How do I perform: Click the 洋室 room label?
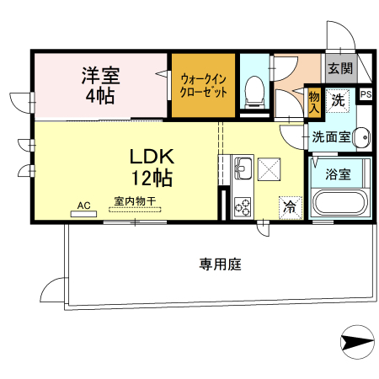pyautogui.click(x=101, y=73)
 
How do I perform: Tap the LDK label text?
pyautogui.click(x=152, y=157)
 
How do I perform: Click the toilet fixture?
pyautogui.click(x=254, y=91)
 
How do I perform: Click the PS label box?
pyautogui.click(x=366, y=94)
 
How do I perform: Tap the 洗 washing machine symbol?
pyautogui.click(x=337, y=100)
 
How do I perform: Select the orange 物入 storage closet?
pyautogui.click(x=314, y=101)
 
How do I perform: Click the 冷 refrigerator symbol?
pyautogui.click(x=290, y=205)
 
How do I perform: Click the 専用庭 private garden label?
pyautogui.click(x=220, y=264)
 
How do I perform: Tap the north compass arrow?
pyautogui.click(x=356, y=343)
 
